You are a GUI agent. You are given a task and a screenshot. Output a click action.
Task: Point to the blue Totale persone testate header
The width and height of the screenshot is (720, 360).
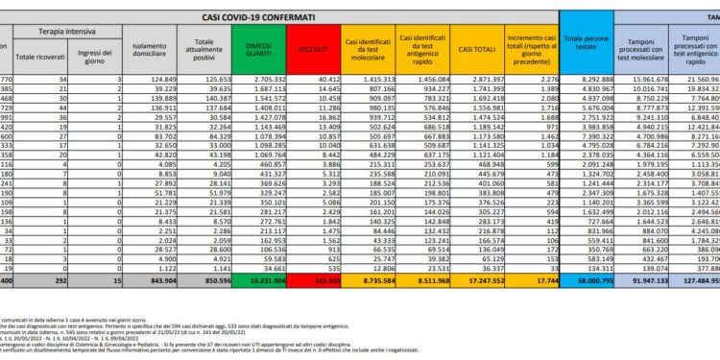(x=586, y=44)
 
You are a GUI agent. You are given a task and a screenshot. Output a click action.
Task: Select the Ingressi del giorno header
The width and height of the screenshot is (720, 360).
(x=100, y=49)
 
